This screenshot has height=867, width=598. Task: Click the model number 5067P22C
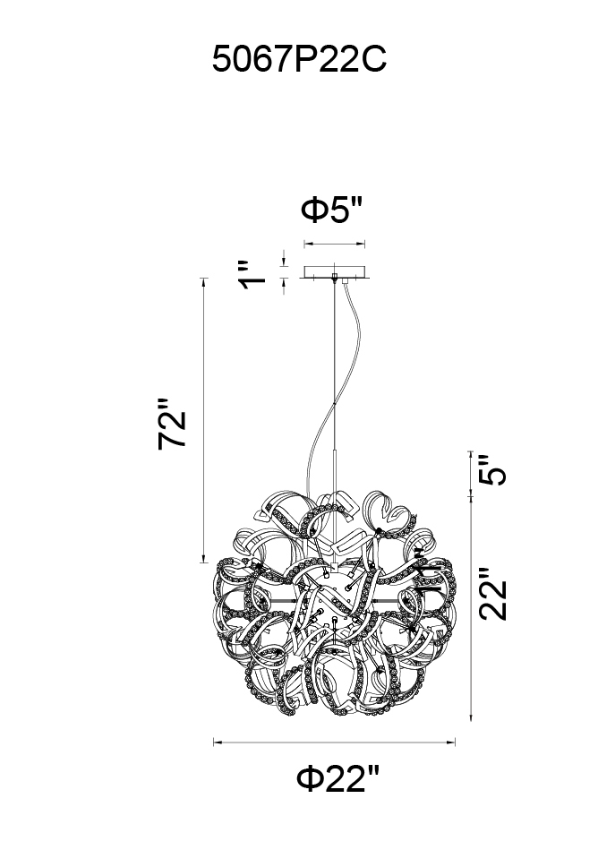pyautogui.click(x=299, y=59)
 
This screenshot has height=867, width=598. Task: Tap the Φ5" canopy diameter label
pyautogui.click(x=331, y=210)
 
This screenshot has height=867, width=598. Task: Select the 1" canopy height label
pyautogui.click(x=252, y=275)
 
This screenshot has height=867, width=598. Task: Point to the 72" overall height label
pyautogui.click(x=171, y=423)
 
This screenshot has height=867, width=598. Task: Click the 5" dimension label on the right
pyautogui.click(x=491, y=470)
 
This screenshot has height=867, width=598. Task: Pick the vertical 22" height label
pyautogui.click(x=491, y=593)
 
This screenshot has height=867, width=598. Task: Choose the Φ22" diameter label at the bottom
pyautogui.click(x=338, y=778)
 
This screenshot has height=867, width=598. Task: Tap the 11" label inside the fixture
pyautogui.click(x=428, y=572)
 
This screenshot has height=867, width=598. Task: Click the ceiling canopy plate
pyautogui.click(x=336, y=273)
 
